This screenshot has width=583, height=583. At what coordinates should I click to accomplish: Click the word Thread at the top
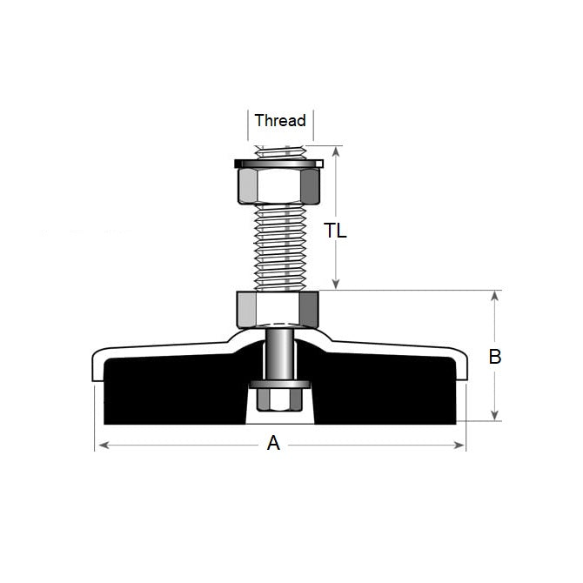[280, 121]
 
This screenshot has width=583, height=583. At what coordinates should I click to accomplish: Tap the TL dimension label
[335, 231]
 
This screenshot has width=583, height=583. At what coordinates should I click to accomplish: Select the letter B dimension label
[495, 357]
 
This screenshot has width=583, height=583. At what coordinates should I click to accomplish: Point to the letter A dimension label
[273, 444]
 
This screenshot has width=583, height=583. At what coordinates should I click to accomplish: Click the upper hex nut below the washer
[278, 185]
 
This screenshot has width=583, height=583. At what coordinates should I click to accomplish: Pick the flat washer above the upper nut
[278, 163]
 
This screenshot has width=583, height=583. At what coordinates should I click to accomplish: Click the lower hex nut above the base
[278, 307]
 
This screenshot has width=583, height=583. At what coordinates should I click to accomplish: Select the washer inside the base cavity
[278, 384]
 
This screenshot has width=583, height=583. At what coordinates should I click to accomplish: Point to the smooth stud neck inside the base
[278, 352]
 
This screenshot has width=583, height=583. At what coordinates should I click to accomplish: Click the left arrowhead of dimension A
[98, 446]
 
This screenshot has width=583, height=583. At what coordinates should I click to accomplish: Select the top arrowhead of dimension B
[495, 296]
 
